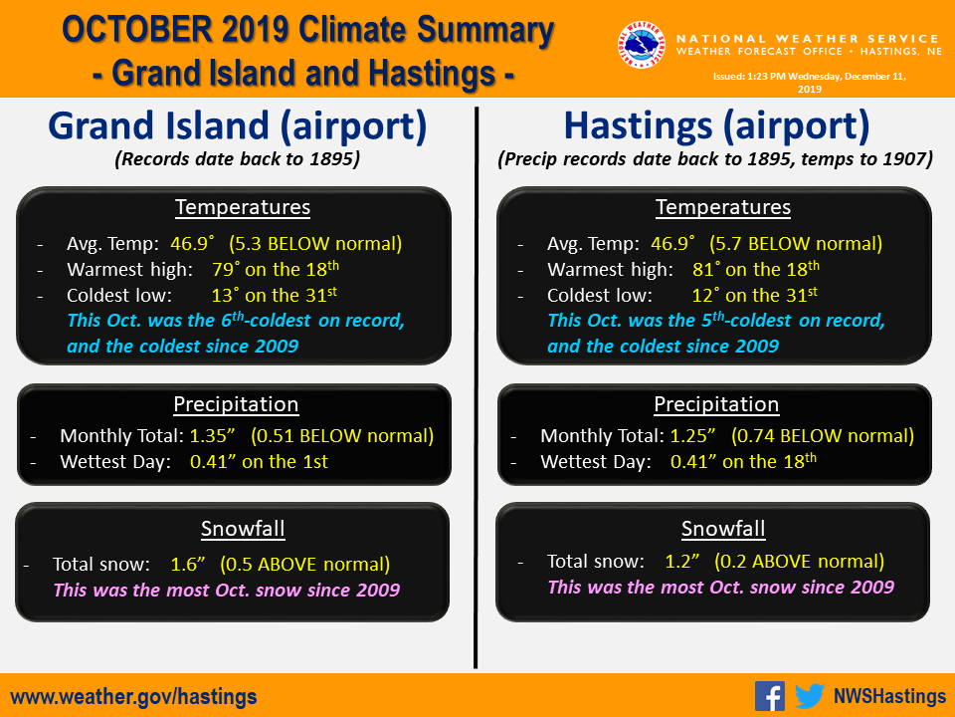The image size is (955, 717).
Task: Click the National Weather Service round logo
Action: (641, 45)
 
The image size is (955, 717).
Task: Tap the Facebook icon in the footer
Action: (770, 696)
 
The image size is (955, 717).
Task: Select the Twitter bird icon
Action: (810, 696)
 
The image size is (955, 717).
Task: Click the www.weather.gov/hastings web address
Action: (133, 696)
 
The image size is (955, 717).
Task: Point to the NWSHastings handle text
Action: (889, 696)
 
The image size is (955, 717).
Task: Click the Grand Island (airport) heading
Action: (238, 125)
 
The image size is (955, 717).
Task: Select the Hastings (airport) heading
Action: (716, 125)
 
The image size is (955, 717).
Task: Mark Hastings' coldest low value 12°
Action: (705, 295)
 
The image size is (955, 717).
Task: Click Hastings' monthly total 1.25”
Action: (693, 435)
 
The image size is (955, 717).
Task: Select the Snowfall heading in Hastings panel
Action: (723, 529)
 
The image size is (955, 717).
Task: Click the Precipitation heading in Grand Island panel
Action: (237, 404)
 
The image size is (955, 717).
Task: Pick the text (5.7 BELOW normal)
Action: (796, 243)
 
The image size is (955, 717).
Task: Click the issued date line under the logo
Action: (810, 83)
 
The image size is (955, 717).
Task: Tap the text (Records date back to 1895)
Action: (238, 159)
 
